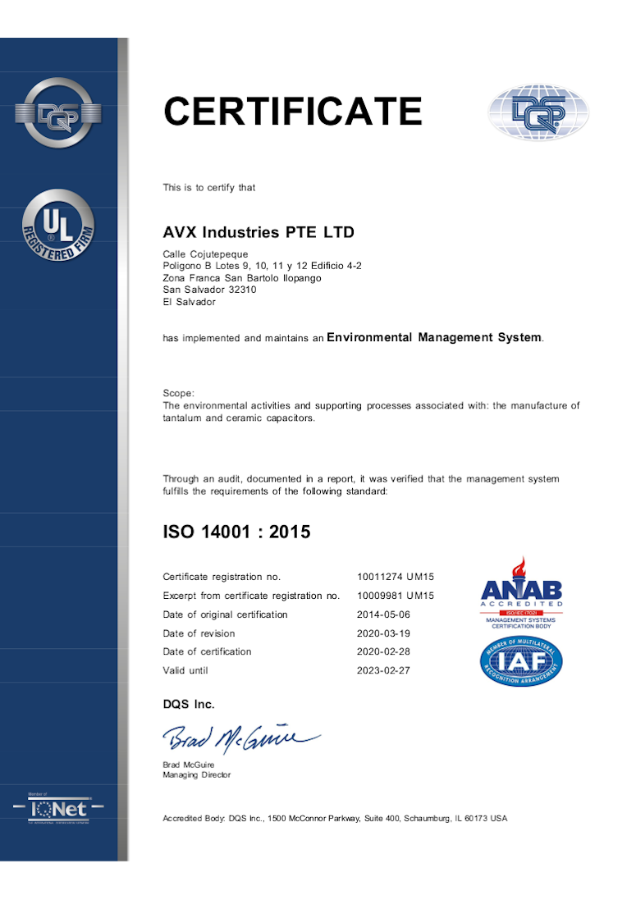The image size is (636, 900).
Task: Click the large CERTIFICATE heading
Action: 293,112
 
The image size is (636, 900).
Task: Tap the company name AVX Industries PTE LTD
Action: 259,232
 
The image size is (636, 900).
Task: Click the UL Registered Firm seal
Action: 58,226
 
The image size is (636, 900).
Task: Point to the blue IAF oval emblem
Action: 521,662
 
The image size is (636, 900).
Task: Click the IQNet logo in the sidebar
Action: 58,808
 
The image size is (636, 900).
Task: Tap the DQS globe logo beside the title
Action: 538,112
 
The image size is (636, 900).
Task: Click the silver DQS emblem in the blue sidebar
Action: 58,112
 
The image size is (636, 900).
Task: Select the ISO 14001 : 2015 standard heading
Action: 236,532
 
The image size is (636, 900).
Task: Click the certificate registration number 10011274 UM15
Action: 396,577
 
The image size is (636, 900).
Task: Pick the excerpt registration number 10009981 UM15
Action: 396,596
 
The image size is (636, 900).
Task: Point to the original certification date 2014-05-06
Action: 383,614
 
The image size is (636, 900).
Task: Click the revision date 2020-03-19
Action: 383,633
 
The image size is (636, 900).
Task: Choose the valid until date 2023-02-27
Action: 383,670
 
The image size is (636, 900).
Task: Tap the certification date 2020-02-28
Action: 383,651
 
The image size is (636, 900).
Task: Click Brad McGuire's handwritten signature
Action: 240,738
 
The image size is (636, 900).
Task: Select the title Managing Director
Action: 197,774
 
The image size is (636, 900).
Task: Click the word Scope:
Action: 178,394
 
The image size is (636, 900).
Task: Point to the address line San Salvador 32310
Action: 209,290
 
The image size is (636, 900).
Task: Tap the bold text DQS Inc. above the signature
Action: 189,704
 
